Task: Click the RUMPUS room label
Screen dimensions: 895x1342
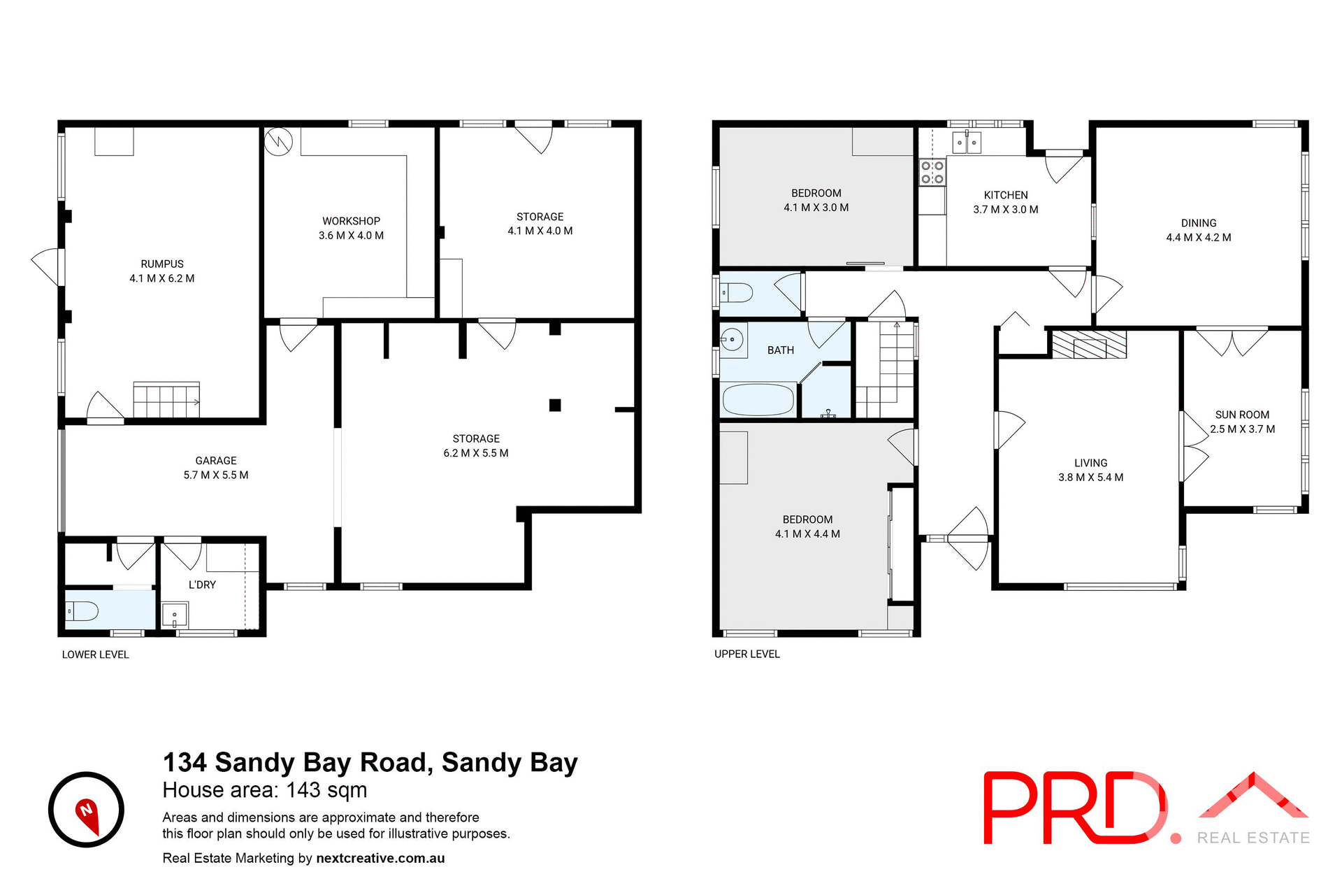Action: pos(162,264)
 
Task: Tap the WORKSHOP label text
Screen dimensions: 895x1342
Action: pos(351,221)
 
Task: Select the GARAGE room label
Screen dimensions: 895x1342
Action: pos(215,461)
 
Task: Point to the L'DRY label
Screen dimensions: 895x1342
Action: pos(202,585)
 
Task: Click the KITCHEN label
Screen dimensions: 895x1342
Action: pos(1006,195)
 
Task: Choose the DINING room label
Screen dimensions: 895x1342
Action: pos(1199,223)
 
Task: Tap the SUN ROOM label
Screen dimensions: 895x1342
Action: pos(1242,415)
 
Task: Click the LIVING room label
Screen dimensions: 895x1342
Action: pos(1090,463)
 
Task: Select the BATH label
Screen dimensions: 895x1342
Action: pos(781,350)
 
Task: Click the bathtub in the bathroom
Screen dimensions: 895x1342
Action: pos(758,400)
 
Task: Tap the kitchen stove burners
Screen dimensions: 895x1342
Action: pos(932,172)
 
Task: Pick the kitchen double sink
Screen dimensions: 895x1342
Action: pos(967,143)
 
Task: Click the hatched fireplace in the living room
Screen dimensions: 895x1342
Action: pos(1089,344)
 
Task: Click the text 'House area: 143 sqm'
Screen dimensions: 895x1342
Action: pos(264,790)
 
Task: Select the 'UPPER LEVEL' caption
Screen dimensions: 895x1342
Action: pos(746,654)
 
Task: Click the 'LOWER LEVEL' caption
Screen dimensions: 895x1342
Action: pos(95,655)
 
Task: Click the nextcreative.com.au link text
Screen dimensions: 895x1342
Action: pos(380,858)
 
